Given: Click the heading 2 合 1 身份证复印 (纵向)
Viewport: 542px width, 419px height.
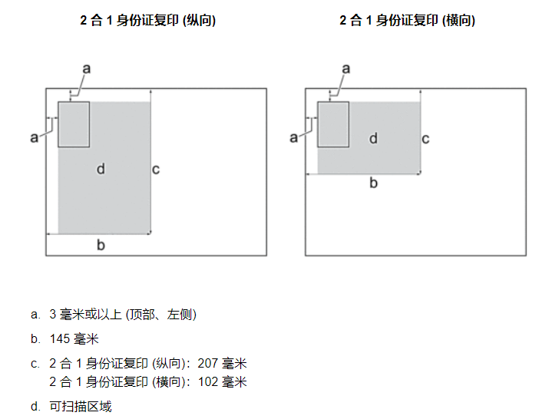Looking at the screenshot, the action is click(148, 20).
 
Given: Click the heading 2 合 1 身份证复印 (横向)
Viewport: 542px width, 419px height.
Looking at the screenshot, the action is click(407, 20).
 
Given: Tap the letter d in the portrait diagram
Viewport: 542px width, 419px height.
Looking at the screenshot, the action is click(101, 169).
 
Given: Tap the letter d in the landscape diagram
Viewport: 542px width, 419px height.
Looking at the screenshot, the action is click(373, 138).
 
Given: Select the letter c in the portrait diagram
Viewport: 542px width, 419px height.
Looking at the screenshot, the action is click(156, 170).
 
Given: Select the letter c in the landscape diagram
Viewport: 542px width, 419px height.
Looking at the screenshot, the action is click(425, 139).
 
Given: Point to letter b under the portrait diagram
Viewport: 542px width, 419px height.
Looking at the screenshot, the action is click(101, 245).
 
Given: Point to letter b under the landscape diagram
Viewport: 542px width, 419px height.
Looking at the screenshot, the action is click(373, 183).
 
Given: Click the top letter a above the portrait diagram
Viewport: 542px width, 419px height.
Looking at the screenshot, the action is click(87, 68).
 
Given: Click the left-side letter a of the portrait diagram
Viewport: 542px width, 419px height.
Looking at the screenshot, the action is click(35, 137).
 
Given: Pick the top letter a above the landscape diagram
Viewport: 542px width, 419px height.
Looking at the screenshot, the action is click(346, 68).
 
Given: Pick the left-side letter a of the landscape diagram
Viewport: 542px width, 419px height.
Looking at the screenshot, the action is click(293, 137).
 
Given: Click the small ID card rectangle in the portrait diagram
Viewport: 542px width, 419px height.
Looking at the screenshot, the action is click(74, 124).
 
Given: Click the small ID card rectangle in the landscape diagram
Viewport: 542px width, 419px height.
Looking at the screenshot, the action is click(333, 124).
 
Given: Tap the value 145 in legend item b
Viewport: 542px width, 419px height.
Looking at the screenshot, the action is click(60, 339).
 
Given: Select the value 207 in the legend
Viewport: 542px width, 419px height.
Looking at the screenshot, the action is click(208, 364).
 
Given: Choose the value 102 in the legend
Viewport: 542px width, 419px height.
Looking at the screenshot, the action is click(208, 381).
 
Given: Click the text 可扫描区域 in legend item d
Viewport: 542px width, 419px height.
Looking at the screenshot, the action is click(81, 406).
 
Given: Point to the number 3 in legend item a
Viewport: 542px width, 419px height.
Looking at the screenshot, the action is click(52, 314).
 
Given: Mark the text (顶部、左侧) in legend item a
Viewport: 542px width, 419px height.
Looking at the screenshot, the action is click(161, 315).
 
